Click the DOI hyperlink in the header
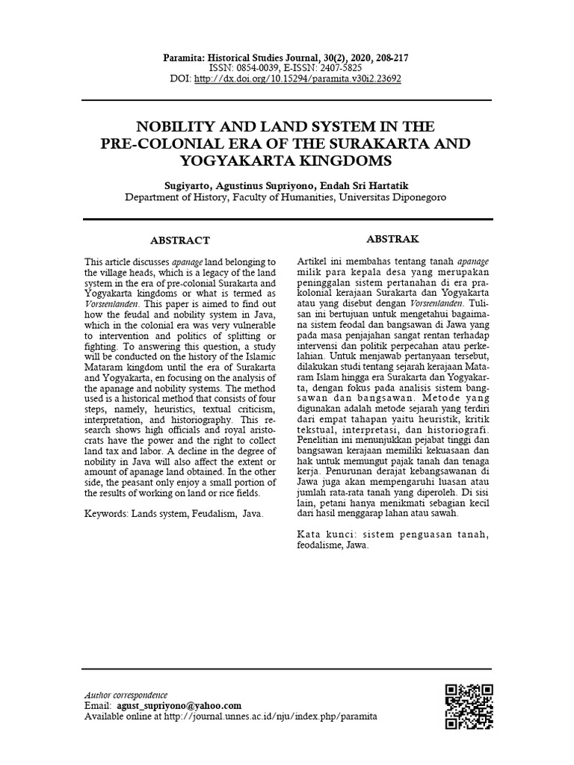coord(297,78)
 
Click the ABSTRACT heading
coord(180,241)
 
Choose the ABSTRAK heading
coord(392,239)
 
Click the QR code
coord(469,706)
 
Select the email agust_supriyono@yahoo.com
coord(179,705)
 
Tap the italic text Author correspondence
coord(125,695)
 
